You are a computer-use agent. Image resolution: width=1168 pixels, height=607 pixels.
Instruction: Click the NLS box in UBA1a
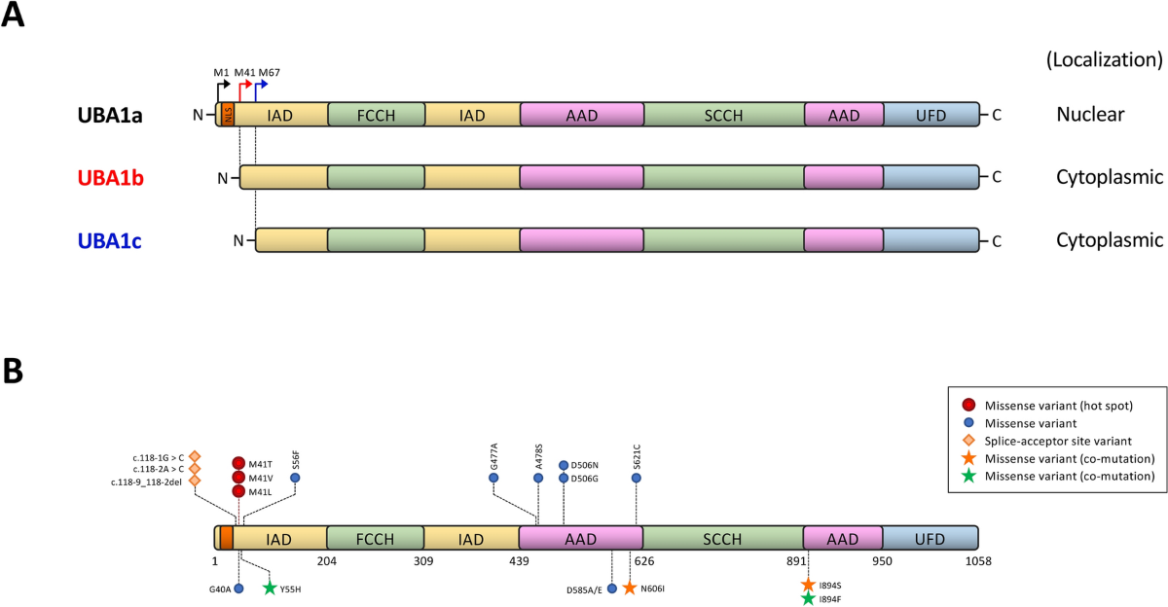click(x=227, y=115)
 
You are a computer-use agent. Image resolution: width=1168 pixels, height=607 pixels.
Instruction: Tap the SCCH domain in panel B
click(x=723, y=539)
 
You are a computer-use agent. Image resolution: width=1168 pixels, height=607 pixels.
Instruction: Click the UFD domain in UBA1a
click(x=931, y=115)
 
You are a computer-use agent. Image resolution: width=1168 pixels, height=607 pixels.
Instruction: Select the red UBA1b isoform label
click(x=111, y=178)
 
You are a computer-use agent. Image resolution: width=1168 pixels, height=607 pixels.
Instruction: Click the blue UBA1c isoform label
click(x=110, y=239)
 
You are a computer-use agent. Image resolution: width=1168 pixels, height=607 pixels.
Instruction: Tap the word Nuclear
click(x=1090, y=115)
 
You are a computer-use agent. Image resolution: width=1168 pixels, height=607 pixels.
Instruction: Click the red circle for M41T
click(x=238, y=463)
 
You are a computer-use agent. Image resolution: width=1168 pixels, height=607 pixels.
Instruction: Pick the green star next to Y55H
click(x=270, y=588)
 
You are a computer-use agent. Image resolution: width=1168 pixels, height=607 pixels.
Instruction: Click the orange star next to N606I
click(x=629, y=588)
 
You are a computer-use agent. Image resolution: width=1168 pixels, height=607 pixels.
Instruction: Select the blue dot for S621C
click(x=637, y=478)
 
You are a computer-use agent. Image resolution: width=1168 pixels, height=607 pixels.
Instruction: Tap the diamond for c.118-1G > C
click(x=195, y=455)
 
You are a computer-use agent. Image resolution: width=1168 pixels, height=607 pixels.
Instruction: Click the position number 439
click(x=519, y=561)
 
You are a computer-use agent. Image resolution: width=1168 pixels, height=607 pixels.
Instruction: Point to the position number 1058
click(x=977, y=561)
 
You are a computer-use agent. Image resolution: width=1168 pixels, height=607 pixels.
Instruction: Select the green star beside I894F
click(x=808, y=599)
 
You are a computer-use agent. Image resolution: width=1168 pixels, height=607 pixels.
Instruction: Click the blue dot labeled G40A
click(x=238, y=588)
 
